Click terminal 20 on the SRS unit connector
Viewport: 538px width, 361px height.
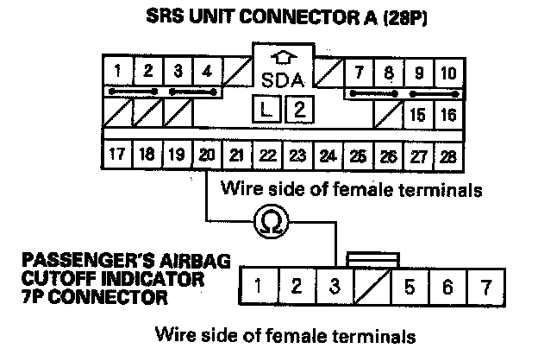click(207, 155)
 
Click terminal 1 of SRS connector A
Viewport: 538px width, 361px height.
click(116, 71)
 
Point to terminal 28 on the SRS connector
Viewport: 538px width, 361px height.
click(447, 155)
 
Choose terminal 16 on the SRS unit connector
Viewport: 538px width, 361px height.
click(447, 114)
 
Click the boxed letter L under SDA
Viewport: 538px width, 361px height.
click(266, 110)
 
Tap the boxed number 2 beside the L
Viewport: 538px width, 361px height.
click(297, 110)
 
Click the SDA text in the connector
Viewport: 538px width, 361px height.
click(281, 82)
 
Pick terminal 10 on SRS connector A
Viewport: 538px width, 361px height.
click(447, 72)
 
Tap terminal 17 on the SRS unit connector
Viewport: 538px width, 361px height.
click(117, 155)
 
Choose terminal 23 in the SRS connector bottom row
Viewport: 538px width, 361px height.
click(297, 155)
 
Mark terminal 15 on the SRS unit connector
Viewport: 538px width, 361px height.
click(418, 114)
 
